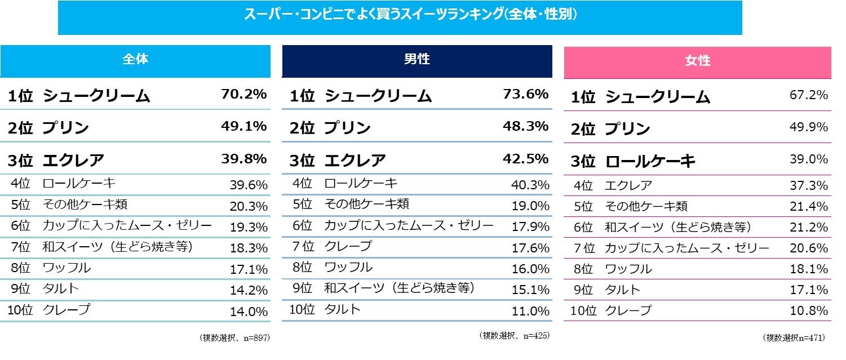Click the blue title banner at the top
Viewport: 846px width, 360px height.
click(x=400, y=17)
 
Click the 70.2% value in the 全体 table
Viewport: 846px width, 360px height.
click(x=244, y=95)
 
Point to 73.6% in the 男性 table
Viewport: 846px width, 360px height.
click(x=526, y=95)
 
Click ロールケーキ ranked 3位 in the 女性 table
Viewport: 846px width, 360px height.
click(x=650, y=161)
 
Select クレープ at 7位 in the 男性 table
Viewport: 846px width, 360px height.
click(x=348, y=246)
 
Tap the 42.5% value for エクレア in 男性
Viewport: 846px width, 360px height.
click(x=526, y=158)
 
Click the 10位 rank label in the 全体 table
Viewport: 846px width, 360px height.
click(x=20, y=309)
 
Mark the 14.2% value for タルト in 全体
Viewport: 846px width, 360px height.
click(x=249, y=290)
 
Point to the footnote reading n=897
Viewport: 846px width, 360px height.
click(x=234, y=338)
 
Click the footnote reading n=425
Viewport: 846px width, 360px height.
click(x=514, y=336)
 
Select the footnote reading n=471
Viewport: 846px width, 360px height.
click(x=794, y=338)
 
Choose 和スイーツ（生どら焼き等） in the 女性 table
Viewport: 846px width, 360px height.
click(x=678, y=227)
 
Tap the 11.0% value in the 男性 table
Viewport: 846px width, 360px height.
click(x=530, y=310)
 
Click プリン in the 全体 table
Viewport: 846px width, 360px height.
click(x=66, y=128)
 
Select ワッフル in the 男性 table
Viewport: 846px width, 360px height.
click(x=348, y=267)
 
